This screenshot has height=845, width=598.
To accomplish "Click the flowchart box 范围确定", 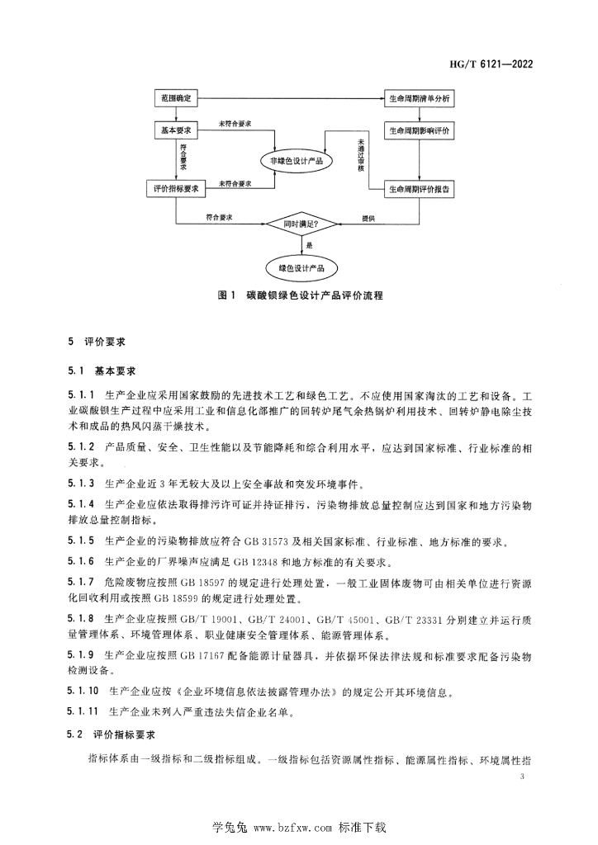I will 173,98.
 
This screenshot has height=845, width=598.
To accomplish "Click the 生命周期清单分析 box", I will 420,98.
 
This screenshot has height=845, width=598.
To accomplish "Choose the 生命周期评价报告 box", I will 420,189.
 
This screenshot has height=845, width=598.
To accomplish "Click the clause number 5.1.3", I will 81,482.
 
